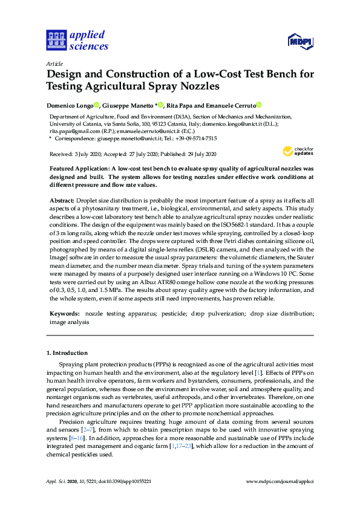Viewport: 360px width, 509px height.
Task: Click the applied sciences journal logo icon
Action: [x=56, y=40]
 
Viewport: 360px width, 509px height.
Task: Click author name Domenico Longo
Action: [x=70, y=105]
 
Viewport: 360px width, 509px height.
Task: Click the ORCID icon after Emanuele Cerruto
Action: [x=259, y=105]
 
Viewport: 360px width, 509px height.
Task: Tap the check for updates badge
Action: [x=296, y=151]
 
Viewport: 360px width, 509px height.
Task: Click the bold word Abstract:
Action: [x=61, y=199]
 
